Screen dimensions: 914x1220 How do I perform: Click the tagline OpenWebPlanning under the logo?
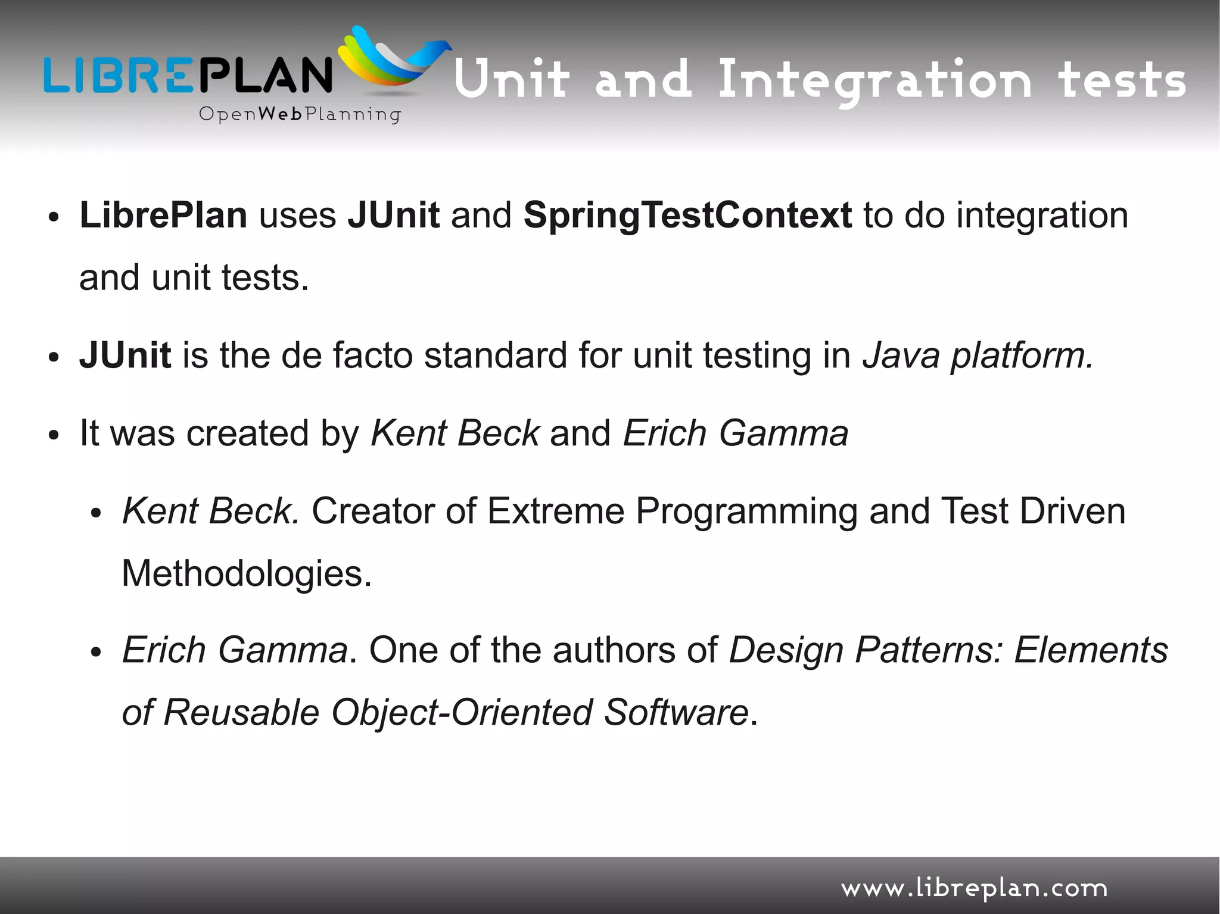pos(300,114)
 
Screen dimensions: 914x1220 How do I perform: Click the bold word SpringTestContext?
pos(687,216)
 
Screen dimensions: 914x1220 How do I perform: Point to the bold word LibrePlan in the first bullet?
pos(163,215)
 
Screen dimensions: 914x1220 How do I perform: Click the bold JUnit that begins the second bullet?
pos(125,355)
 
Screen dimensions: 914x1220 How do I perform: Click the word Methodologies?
pos(247,574)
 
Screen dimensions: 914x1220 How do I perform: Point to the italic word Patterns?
pos(929,650)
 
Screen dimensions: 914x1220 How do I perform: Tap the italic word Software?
pos(676,712)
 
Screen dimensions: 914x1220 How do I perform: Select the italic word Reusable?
pos(241,712)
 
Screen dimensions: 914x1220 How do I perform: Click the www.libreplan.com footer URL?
pos(974,889)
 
